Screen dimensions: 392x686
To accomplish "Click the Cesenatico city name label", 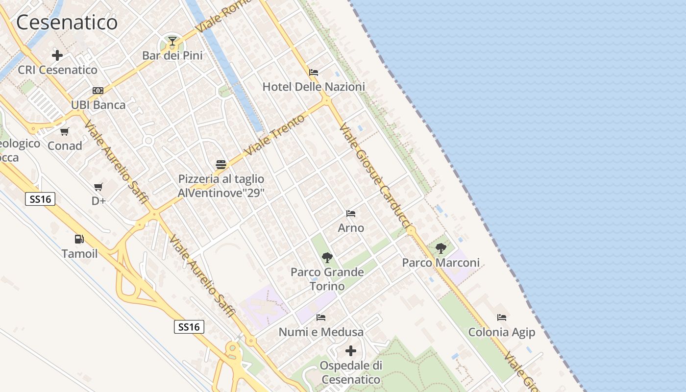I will pyautogui.click(x=67, y=23).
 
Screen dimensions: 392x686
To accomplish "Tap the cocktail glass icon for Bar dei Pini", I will pyautogui.click(x=172, y=41).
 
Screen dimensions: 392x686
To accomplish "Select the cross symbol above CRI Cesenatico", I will pyautogui.click(x=57, y=55).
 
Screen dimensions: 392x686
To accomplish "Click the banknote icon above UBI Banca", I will pyautogui.click(x=98, y=91).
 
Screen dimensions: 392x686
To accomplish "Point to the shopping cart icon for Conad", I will pyautogui.click(x=65, y=131).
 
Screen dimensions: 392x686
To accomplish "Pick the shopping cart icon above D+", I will pyautogui.click(x=98, y=187).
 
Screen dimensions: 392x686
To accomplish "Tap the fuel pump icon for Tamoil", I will pyautogui.click(x=79, y=239).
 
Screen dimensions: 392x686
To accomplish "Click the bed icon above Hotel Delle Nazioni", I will pyautogui.click(x=314, y=73).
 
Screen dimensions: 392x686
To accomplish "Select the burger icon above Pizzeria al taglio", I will pyautogui.click(x=220, y=164).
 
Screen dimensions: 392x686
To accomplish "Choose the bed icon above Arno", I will pyautogui.click(x=351, y=214).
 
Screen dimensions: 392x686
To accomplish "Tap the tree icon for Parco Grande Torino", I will pyautogui.click(x=327, y=257).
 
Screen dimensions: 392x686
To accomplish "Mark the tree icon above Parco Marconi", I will pyautogui.click(x=441, y=248).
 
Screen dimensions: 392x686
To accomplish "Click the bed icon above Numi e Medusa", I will pyautogui.click(x=321, y=318).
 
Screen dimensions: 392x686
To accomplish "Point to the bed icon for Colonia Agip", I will pyautogui.click(x=502, y=318).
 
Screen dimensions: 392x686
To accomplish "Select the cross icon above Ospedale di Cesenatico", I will pyautogui.click(x=351, y=351).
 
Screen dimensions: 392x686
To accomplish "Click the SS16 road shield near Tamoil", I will pyautogui.click(x=40, y=199).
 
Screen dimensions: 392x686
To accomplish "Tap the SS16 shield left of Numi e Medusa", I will pyautogui.click(x=189, y=327).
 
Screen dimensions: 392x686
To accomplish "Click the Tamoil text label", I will pyautogui.click(x=79, y=254).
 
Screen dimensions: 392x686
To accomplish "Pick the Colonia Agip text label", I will pyautogui.click(x=502, y=332).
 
